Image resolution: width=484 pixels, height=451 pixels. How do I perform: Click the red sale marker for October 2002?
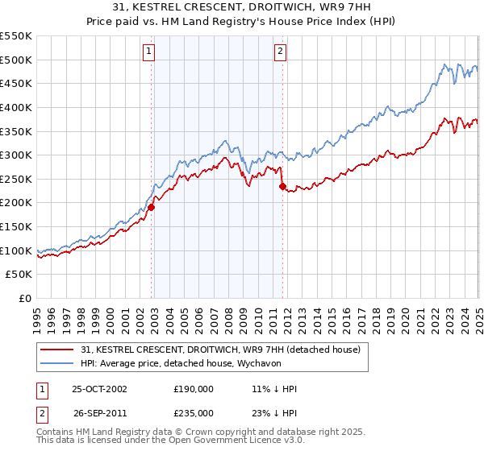pos(151,207)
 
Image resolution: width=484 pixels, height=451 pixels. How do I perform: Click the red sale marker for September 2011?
pos(282,186)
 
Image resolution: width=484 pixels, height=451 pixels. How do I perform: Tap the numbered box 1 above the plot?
pos(150,52)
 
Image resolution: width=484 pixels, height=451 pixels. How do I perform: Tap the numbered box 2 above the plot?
pos(280,52)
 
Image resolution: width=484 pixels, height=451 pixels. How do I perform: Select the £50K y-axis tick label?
pos(19,275)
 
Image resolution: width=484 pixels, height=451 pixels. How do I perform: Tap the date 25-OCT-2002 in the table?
pos(99,388)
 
